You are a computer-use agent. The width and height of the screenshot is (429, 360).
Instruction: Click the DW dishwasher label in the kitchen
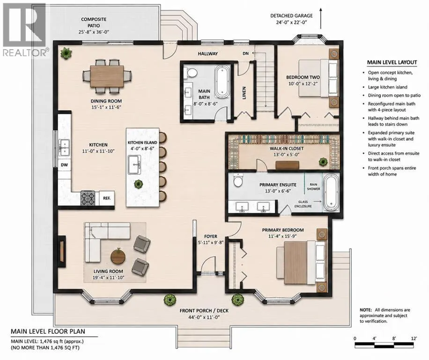64,165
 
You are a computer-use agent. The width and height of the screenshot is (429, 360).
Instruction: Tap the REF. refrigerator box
107,198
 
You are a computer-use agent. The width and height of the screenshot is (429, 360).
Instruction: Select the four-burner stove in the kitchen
88,198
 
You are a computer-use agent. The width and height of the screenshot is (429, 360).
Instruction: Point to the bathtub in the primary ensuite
331,194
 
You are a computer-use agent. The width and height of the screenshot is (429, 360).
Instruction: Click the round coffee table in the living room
118,256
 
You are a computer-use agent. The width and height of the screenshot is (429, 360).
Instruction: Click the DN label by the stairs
246,53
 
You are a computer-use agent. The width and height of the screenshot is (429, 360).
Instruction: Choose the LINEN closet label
244,93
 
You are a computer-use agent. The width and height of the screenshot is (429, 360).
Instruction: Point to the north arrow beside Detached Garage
321,18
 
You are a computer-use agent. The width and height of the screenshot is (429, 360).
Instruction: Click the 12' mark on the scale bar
414,338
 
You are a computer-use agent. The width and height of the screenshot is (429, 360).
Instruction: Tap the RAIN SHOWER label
313,187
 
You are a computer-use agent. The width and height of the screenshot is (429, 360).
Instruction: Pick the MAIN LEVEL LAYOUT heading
392,62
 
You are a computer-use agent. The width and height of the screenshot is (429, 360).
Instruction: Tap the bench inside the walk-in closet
287,165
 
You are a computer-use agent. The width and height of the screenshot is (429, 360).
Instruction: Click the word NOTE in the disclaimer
366,310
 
